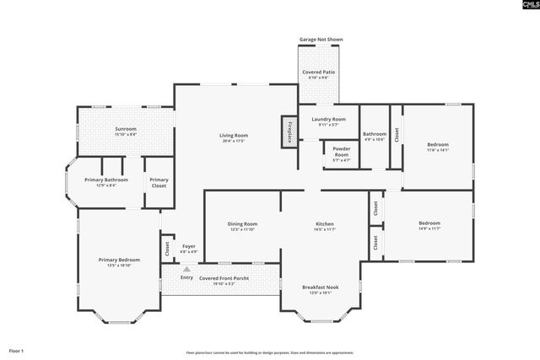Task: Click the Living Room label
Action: coord(233,135)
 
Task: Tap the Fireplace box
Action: coord(290,132)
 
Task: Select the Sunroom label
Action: coord(125,128)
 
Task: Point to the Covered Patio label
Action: coord(317,73)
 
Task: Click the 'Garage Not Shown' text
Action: coord(321,40)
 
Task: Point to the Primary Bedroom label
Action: coord(118,260)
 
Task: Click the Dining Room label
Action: coord(241,223)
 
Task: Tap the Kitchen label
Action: coord(325,223)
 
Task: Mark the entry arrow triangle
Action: coord(186,269)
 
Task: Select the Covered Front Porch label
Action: coord(222,277)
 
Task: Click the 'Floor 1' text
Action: coord(17,350)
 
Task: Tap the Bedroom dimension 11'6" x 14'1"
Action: coord(438,150)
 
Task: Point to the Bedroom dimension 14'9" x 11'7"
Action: coord(429,228)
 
